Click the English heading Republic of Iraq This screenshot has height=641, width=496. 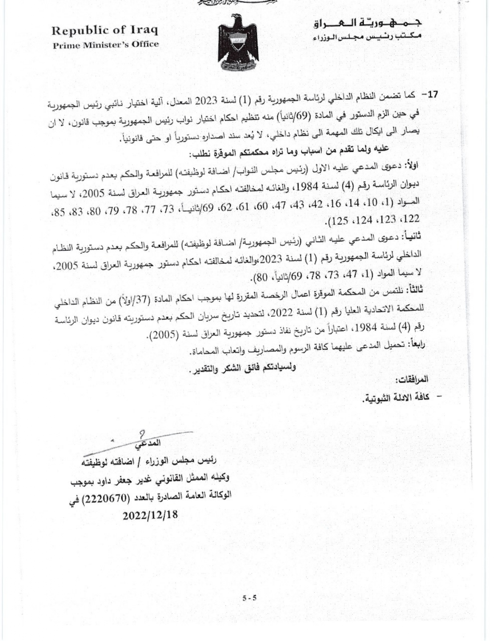coord(105,31)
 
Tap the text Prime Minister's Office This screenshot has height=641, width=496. coord(106,45)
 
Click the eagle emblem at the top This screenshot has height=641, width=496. coord(238,43)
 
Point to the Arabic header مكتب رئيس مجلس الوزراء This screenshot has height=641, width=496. coord(367,37)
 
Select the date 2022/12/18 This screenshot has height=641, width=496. coord(150,515)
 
